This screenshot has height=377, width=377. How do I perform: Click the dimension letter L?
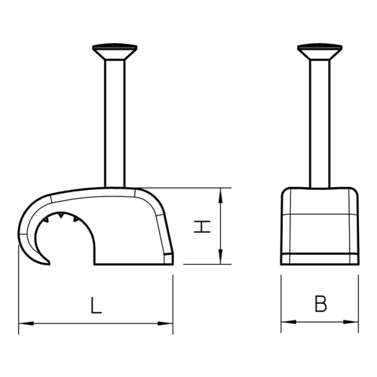click(x=96, y=305)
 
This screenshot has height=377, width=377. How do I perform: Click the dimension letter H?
click(x=202, y=227)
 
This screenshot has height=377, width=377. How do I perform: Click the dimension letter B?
click(x=320, y=304)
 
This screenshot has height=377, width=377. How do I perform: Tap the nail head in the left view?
click(x=115, y=52)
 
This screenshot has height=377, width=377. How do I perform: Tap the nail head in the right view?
click(x=320, y=52)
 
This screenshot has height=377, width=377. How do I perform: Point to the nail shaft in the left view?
click(x=115, y=124)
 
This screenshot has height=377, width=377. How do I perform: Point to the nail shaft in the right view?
click(x=320, y=124)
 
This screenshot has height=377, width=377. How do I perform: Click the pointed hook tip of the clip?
click(x=49, y=263)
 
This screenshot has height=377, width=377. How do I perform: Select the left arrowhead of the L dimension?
click(x=26, y=323)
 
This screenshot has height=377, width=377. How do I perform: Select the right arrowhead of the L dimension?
click(x=165, y=323)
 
